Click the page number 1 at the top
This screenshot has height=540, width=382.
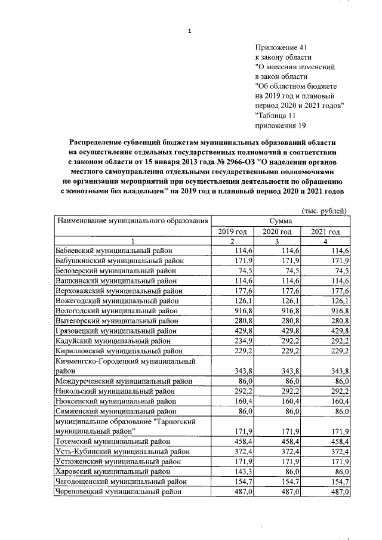click(189, 32)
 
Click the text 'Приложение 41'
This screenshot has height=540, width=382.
click(281, 46)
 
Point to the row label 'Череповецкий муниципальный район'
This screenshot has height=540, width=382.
click(118, 492)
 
